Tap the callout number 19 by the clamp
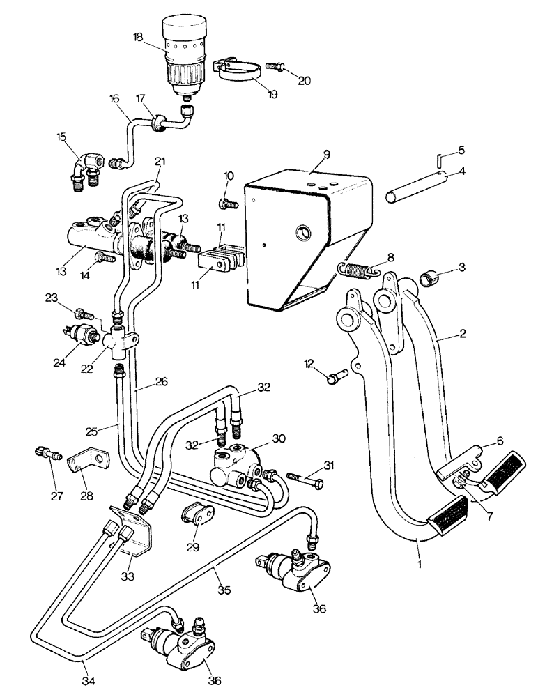tap(272, 94)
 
